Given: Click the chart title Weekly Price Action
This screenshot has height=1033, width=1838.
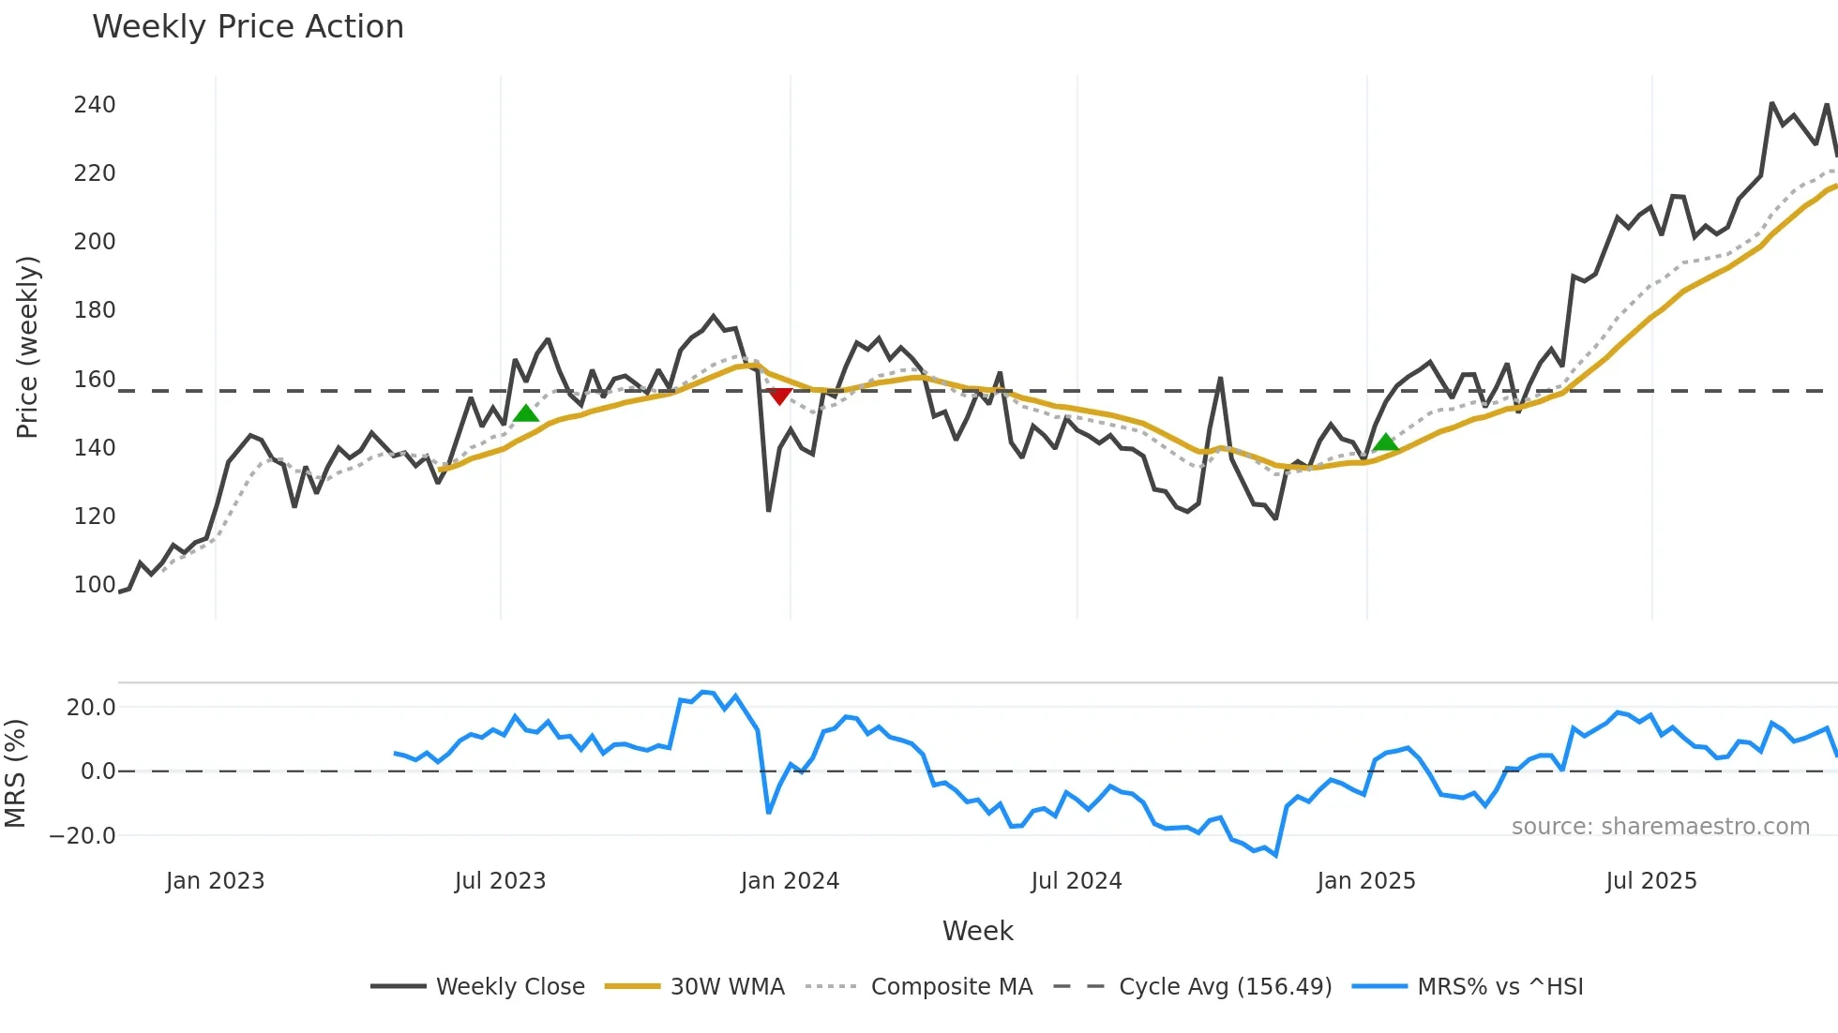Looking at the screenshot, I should [x=248, y=27].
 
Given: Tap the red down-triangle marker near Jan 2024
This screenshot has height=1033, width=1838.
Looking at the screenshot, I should [x=779, y=397].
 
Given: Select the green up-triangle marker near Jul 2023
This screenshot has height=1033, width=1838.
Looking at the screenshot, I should [x=526, y=413].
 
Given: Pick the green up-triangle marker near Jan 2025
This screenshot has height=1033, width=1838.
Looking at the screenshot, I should [x=1385, y=442].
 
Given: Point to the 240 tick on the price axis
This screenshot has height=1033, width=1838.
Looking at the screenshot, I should [x=95, y=105].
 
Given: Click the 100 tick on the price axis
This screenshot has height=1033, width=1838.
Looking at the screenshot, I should [x=95, y=585].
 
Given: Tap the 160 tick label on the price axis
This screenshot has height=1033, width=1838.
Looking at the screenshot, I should [x=95, y=380].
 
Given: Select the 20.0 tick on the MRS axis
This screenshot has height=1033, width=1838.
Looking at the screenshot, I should [x=91, y=708].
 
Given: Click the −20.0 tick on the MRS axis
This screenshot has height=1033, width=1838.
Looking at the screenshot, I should [x=83, y=836].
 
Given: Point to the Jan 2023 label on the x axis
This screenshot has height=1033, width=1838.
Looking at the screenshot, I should [x=215, y=881].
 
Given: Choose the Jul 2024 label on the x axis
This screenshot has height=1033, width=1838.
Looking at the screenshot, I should [x=1076, y=881].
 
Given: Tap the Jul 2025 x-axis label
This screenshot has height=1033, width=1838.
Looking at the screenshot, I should [x=1650, y=881].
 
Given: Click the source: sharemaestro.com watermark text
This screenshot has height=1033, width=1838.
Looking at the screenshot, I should [x=1660, y=827].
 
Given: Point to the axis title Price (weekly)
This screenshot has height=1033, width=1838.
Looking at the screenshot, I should [x=27, y=347].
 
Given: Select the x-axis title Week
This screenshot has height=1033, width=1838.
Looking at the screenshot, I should [x=977, y=931].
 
